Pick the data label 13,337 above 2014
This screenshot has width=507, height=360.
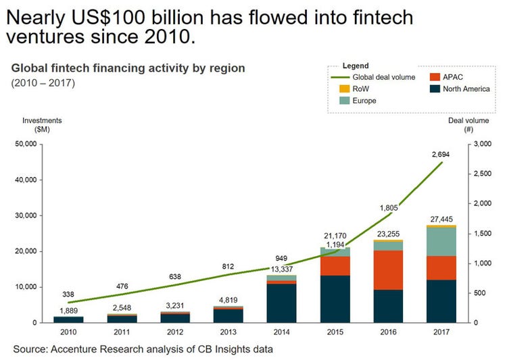click(x=281, y=268)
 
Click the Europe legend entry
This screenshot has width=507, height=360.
click(x=363, y=100)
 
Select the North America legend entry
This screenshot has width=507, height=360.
click(x=466, y=88)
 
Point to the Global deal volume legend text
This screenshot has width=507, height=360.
click(x=383, y=77)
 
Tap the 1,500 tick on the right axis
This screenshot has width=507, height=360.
click(x=484, y=233)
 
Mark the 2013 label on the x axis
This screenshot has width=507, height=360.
click(x=228, y=332)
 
